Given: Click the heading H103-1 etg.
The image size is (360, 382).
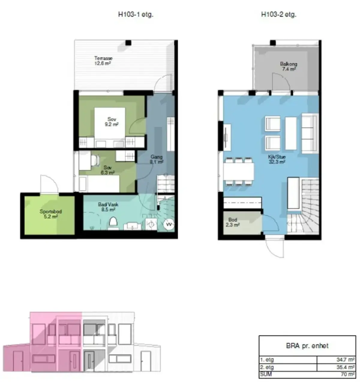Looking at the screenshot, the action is click(x=136, y=14).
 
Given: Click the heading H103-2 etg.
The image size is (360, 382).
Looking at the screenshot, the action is click(x=279, y=14).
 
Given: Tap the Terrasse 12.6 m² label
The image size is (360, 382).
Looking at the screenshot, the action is click(x=103, y=61).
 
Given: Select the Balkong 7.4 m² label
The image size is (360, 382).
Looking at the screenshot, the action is click(x=289, y=67).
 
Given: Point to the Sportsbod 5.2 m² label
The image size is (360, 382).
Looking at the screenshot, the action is click(x=51, y=214).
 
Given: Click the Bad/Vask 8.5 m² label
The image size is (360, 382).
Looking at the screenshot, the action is click(x=108, y=207).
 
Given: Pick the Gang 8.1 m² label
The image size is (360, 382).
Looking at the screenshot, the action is click(x=157, y=159).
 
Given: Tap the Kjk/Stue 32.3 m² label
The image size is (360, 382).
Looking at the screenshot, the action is click(x=277, y=159).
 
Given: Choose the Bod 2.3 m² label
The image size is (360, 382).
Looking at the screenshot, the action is click(x=232, y=222).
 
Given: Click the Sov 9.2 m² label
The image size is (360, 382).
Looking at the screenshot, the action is click(x=112, y=122).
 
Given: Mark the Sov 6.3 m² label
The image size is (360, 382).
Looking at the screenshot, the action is click(x=108, y=170).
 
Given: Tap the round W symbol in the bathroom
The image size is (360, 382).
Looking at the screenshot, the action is click(x=169, y=224).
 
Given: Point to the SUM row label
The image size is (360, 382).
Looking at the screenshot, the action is click(x=266, y=374).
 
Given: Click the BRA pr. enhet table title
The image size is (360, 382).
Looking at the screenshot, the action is click(x=307, y=346).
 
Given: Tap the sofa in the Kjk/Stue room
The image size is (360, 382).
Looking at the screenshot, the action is click(x=309, y=133).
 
